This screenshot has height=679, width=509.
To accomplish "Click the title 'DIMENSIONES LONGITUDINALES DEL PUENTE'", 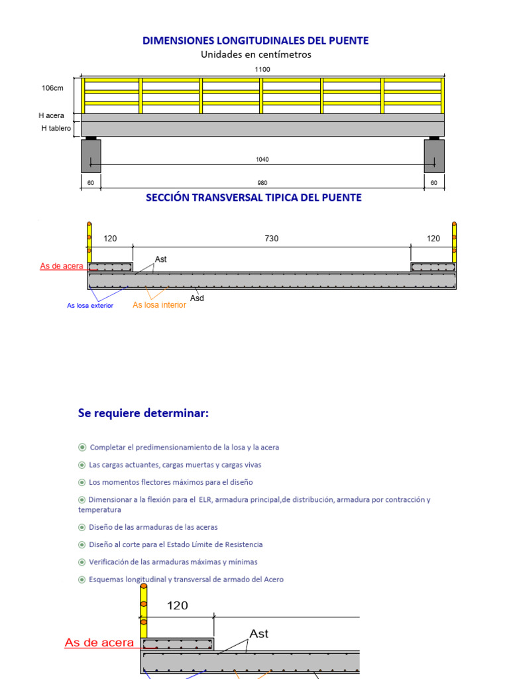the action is (255, 40).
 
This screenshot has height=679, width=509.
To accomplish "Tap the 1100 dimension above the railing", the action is (262, 69).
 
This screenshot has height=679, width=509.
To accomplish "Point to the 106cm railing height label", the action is (53, 88).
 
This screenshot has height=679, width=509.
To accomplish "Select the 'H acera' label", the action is (51, 115).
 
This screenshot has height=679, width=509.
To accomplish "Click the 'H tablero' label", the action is (56, 128).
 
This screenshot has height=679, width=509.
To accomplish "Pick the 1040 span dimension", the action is (262, 159).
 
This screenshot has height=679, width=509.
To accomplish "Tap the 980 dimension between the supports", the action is (262, 183).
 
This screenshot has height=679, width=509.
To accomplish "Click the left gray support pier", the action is (91, 156).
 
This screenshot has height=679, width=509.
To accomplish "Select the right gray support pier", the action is (434, 156).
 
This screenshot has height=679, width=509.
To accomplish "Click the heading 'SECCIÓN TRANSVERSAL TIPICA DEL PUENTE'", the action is (254, 198).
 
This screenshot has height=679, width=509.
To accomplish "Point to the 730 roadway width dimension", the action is (272, 239).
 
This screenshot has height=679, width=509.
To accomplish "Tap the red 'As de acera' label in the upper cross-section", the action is (62, 267).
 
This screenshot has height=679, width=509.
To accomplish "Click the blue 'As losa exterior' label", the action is (90, 306).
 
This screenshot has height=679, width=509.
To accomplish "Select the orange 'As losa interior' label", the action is (159, 305).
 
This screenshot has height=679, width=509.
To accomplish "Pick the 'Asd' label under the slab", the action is (197, 298).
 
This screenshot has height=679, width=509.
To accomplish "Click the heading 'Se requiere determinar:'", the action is (143, 413).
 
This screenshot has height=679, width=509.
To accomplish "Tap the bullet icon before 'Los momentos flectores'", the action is (82, 482).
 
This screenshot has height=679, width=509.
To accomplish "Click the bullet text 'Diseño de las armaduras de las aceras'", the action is (153, 527).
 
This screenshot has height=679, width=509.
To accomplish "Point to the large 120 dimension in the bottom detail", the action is (177, 605).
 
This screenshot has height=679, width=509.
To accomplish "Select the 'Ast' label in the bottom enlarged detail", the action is (258, 634).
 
